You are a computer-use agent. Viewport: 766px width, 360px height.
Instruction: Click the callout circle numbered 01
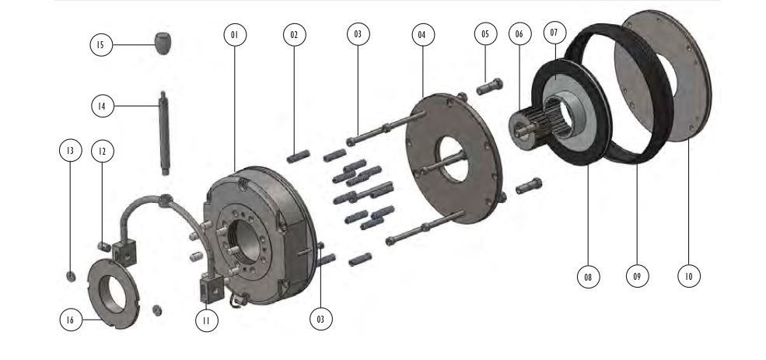tap(235, 35)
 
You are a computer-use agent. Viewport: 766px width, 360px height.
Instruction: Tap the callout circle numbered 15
tap(101, 45)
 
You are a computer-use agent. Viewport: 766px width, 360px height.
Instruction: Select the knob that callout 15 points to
tap(163, 44)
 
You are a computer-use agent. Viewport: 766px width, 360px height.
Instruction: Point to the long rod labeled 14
tap(164, 133)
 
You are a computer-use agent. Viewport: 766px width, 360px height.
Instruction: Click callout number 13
tap(70, 150)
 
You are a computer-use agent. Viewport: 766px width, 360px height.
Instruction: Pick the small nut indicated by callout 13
tap(71, 276)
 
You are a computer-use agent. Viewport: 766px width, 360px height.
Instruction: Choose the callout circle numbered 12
tap(102, 152)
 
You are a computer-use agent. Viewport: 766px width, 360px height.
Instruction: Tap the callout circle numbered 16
tap(71, 320)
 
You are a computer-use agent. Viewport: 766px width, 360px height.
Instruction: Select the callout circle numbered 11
tap(207, 321)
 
